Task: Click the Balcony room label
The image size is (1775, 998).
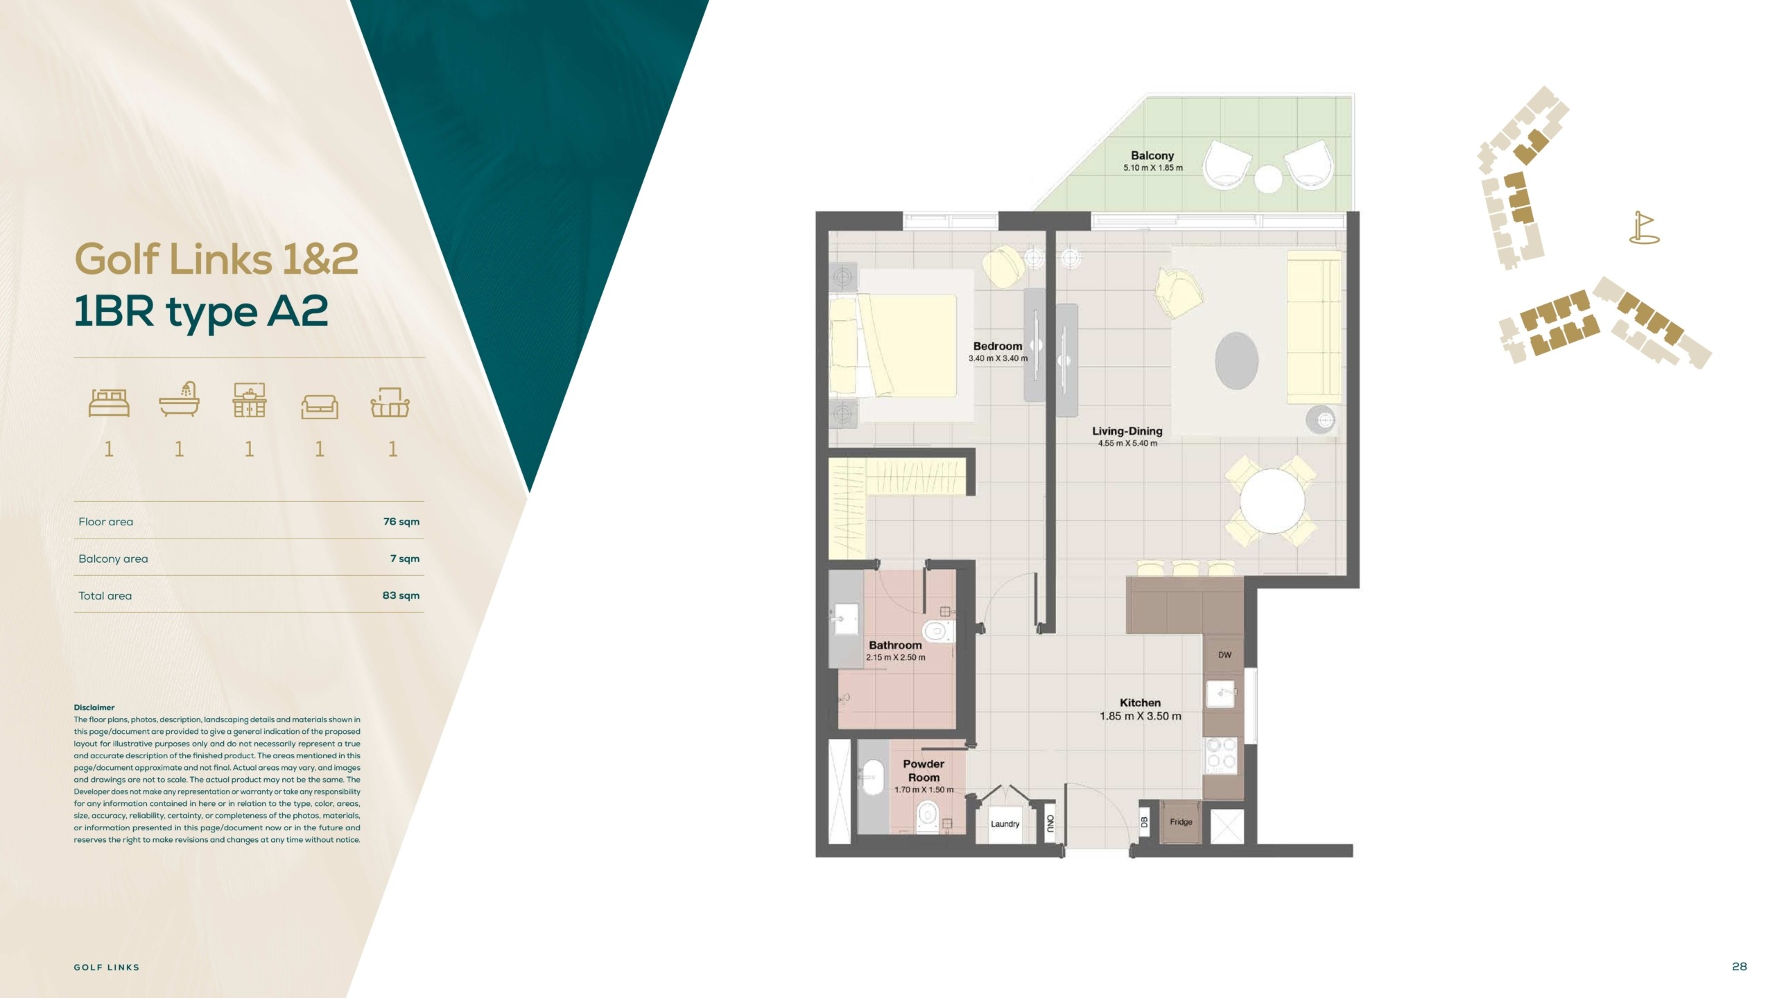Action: (1152, 156)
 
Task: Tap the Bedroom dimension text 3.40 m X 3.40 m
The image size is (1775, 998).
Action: (998, 358)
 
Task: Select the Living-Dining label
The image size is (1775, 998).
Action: (1127, 431)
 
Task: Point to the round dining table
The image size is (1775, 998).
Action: (1272, 500)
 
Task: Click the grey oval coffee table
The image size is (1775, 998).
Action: (1236, 360)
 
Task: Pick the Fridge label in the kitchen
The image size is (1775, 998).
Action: (1181, 822)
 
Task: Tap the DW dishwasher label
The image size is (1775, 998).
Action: (1224, 655)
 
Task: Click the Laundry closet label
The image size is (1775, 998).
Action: (1005, 824)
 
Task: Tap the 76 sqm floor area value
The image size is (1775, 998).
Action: (401, 522)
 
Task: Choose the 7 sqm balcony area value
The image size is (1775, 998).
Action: (405, 559)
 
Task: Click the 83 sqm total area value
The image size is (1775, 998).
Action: (401, 595)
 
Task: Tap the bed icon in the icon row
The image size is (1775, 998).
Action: (109, 402)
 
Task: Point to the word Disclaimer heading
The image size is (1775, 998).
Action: (94, 708)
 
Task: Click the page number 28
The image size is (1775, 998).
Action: (1739, 966)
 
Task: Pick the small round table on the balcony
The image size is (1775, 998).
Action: (1268, 178)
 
